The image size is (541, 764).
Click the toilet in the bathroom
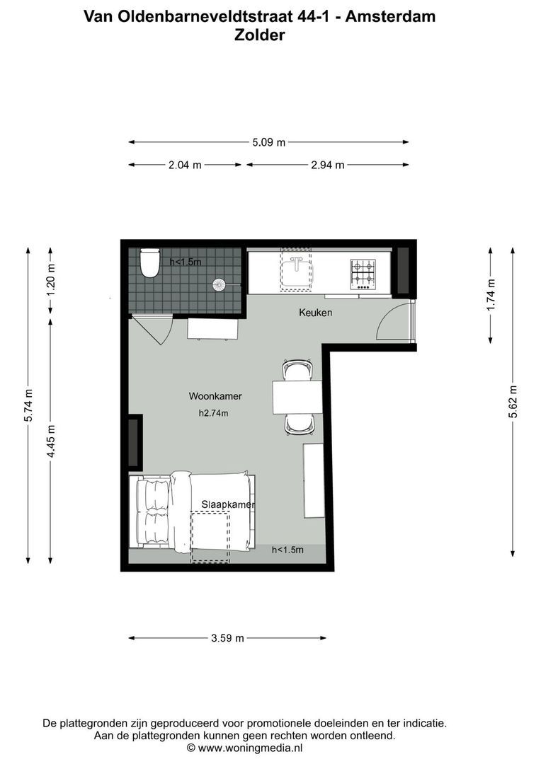(x=149, y=263)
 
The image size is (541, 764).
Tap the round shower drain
(x=219, y=284)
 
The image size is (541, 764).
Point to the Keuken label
(x=315, y=312)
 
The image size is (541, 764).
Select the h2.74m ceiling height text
(x=213, y=413)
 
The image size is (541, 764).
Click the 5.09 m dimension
(x=269, y=142)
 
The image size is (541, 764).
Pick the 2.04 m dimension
(x=185, y=165)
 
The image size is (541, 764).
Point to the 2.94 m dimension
(x=327, y=165)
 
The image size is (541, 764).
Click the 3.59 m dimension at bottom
(x=227, y=638)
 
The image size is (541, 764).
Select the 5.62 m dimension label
(x=513, y=402)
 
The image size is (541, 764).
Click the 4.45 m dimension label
(x=50, y=441)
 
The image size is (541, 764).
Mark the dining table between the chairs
(x=297, y=398)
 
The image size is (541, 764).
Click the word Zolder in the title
(x=259, y=35)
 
